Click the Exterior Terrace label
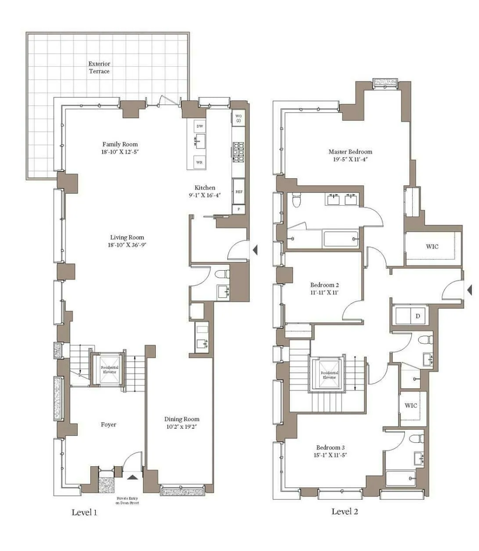99,67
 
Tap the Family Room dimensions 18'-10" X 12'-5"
120,152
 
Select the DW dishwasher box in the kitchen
200,126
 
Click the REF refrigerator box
239,192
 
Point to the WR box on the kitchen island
200,162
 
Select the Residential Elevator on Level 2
329,375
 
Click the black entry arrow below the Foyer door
133,476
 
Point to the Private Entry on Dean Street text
127,500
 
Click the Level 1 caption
84,512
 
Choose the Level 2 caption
345,511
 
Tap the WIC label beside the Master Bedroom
432,246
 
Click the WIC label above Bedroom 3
411,405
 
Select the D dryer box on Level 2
418,316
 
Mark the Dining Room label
182,419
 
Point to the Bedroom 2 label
324,285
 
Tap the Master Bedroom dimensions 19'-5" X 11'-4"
350,159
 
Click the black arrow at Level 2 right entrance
470,290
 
